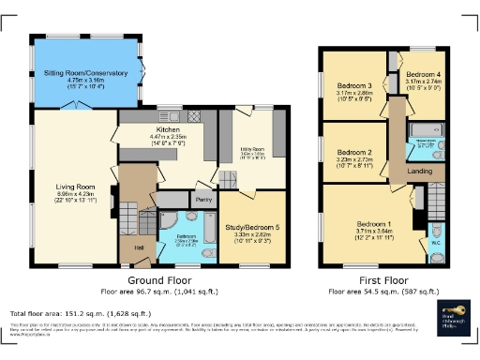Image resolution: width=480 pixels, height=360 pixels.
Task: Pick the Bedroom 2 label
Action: pyautogui.click(x=355, y=153)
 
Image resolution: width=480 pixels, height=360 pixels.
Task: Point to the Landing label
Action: pyautogui.click(x=419, y=171)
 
